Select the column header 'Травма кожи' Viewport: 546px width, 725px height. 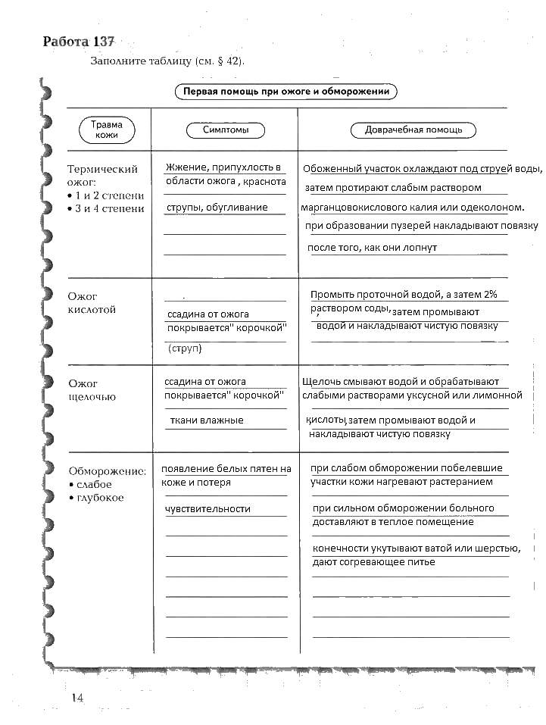(x=107, y=130)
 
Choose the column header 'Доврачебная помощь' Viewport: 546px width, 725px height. (x=413, y=130)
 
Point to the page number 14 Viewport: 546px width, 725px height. (x=76, y=698)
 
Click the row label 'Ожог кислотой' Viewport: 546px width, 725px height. (x=92, y=303)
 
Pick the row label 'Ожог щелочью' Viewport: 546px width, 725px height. (x=92, y=390)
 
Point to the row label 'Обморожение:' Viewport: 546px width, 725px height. (x=107, y=470)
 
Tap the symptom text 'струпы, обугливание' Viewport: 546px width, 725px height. (x=217, y=207)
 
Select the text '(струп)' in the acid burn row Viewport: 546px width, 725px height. (x=185, y=348)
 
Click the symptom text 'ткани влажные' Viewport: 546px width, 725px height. (x=206, y=420)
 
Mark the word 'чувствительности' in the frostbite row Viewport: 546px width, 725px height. (x=207, y=508)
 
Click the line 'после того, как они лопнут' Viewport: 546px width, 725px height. (x=372, y=248)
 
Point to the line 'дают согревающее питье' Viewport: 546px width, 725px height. (x=373, y=562)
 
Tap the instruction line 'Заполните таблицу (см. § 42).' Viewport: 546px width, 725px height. (x=168, y=61)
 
